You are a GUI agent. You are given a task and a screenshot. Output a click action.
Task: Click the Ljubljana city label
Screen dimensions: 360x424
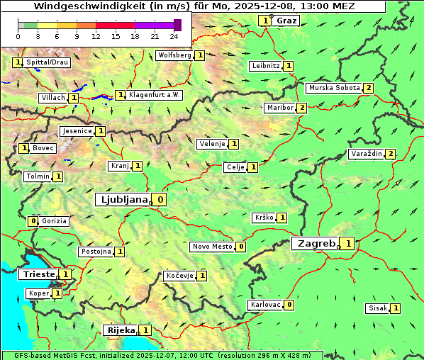(122, 200)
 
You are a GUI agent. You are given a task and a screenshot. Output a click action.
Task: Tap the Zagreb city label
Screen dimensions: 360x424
(316, 244)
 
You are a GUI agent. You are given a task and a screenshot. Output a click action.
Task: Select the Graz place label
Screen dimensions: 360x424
(286, 21)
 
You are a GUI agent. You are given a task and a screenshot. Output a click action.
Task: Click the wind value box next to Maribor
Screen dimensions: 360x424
(302, 108)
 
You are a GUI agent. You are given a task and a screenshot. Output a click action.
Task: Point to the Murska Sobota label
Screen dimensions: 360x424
(333, 88)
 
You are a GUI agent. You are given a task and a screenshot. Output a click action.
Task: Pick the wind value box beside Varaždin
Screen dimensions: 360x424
(390, 154)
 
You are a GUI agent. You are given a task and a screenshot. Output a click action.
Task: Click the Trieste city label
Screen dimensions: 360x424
(38, 274)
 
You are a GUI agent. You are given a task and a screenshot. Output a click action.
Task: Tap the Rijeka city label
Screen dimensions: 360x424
(120, 330)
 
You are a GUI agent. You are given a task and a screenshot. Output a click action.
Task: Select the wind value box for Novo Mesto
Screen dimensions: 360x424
(241, 247)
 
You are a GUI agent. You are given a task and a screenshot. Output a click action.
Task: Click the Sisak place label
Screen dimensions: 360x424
(377, 308)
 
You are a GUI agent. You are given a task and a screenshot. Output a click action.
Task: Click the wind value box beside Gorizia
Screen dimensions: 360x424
(33, 221)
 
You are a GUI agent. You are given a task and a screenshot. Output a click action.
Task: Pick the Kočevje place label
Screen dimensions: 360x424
(179, 275)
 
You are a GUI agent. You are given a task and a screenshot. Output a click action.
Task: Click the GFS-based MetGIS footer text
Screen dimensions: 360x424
(50, 355)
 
